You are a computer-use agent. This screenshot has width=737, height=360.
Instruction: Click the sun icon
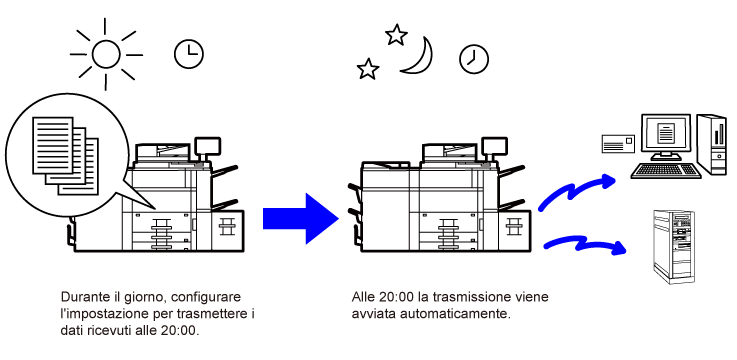coord(106,55)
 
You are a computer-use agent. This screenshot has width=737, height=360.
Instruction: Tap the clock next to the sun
coord(188,54)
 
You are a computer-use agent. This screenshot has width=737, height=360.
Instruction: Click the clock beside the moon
coord(474,59)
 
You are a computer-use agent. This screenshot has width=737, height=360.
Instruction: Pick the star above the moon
coord(396,34)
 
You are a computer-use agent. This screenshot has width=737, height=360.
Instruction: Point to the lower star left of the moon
coord(368,69)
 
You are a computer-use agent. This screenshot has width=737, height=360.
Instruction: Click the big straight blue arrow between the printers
coord(301,219)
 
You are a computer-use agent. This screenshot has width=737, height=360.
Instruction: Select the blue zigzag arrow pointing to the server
coord(585,245)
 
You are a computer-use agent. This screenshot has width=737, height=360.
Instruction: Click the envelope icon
coord(618,143)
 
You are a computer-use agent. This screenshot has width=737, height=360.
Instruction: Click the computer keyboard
coord(666,170)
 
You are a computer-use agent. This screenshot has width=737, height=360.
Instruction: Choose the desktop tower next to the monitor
coord(712,144)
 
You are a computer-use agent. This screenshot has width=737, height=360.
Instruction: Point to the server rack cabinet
coord(674,246)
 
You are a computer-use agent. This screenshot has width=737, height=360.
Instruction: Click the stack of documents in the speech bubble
coord(65,156)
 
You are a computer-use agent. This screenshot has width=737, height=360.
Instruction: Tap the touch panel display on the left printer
coord(207,145)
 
